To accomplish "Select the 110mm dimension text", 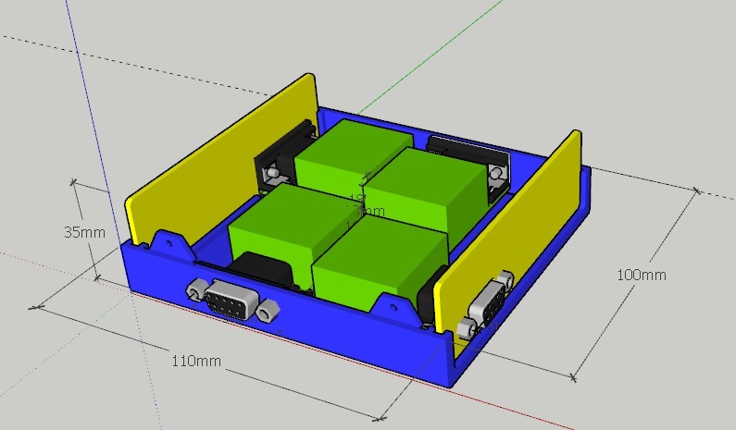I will tap(196, 361).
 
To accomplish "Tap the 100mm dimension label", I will tap(641, 275).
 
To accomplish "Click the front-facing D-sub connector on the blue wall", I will tap(226, 301).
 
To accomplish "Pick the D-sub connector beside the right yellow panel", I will tap(487, 301).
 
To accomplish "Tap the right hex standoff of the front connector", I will tap(268, 311).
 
